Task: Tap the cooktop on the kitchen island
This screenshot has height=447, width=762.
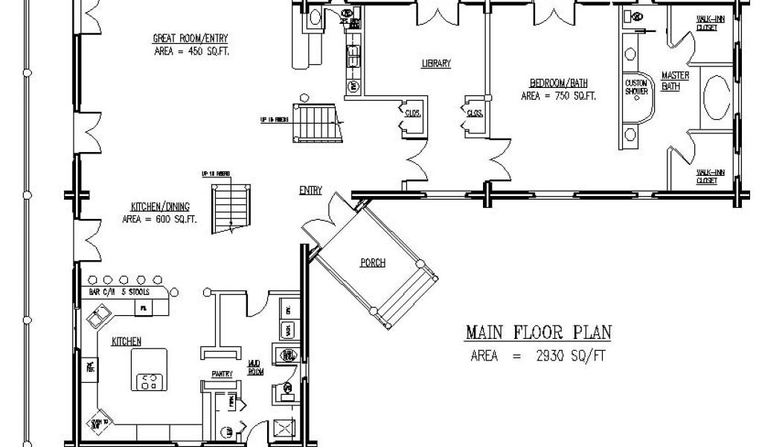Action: [150, 382]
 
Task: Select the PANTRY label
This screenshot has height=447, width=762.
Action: [222, 373]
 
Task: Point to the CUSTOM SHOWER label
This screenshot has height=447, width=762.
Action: [636, 86]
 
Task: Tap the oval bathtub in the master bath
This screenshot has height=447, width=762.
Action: [717, 95]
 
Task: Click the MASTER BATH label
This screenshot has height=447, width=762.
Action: [675, 81]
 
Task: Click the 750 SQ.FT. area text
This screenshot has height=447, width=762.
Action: [558, 96]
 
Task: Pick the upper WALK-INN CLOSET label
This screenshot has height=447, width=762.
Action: [707, 24]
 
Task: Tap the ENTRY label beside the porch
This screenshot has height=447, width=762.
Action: [310, 190]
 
